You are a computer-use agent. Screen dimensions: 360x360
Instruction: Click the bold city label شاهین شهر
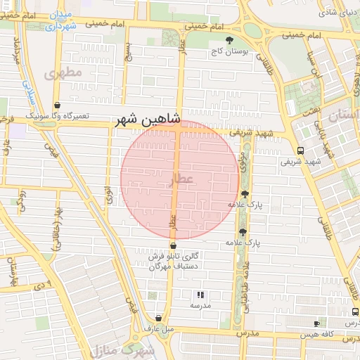[x=149, y=121]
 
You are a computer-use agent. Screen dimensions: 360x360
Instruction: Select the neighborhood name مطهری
[x=63, y=72]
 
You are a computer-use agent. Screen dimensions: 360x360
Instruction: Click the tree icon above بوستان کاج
[x=229, y=40]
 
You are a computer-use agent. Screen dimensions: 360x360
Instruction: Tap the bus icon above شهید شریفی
[x=301, y=150]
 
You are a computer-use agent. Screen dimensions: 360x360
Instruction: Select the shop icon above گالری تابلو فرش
[x=173, y=245]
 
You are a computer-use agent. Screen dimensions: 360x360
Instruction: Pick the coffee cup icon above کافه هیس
[x=316, y=324]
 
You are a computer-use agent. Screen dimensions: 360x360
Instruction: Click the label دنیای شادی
[x=336, y=12]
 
